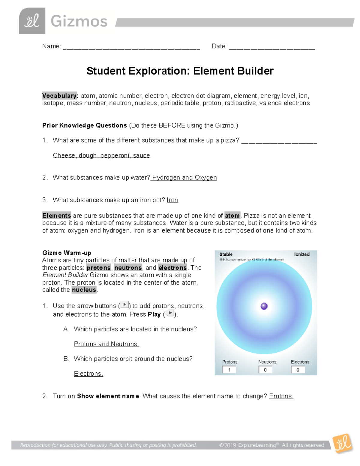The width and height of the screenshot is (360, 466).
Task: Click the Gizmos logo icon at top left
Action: pyautogui.click(x=32, y=21)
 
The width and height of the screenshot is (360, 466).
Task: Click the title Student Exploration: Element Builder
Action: pyautogui.click(x=180, y=71)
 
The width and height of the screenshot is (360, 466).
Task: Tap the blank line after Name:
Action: pyautogui.click(x=131, y=47)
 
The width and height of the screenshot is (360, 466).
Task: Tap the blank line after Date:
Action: pyautogui.click(x=272, y=47)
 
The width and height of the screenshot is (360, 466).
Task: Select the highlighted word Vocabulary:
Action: pyautogui.click(x=60, y=96)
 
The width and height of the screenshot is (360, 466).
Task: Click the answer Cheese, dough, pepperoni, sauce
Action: pyautogui.click(x=102, y=155)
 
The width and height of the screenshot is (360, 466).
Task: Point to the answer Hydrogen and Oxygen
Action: pyautogui.click(x=184, y=178)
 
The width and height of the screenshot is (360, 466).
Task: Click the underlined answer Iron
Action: pyautogui.click(x=172, y=200)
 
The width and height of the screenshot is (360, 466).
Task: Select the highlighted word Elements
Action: pyautogui.click(x=56, y=215)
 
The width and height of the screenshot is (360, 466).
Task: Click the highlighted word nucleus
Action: pyautogui.click(x=84, y=290)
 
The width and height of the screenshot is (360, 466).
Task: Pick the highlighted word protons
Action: pyautogui.click(x=99, y=268)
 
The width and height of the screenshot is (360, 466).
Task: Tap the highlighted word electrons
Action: pyautogui.click(x=172, y=268)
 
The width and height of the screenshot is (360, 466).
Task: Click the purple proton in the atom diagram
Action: pyautogui.click(x=264, y=306)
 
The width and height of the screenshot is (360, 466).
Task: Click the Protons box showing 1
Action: pyautogui.click(x=229, y=370)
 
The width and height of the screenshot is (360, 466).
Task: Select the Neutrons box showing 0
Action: pyautogui.click(x=265, y=370)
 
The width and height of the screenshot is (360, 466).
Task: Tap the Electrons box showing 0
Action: pyautogui.click(x=298, y=370)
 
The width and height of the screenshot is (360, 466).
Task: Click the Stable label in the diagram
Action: pyautogui.click(x=226, y=254)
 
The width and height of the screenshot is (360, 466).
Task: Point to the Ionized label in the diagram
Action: pyautogui.click(x=301, y=254)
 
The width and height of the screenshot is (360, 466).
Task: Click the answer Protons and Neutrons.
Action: pyautogui.click(x=106, y=344)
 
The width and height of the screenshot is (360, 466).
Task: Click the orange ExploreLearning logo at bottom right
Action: pyautogui.click(x=343, y=443)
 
